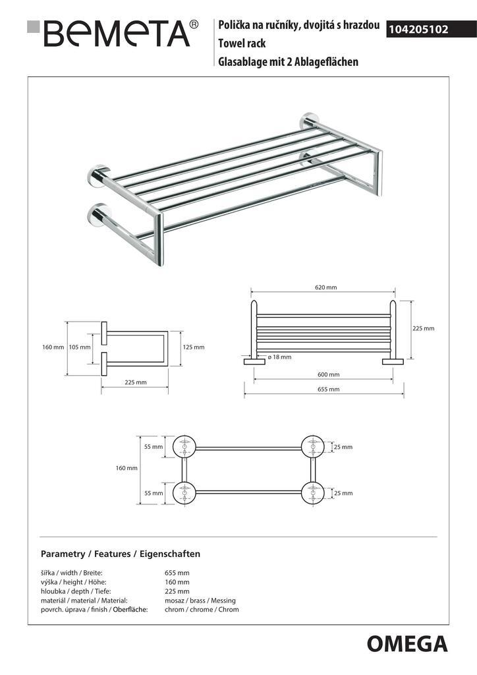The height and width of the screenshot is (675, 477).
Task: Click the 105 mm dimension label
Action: [79, 347]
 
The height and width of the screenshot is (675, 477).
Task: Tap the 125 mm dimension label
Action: [194, 347]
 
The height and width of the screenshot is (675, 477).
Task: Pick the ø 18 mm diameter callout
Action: [279, 357]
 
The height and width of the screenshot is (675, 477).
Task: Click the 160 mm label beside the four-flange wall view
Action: [126, 468]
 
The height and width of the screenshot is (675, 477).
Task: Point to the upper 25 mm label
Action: [343, 447]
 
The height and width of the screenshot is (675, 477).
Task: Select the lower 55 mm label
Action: [153, 493]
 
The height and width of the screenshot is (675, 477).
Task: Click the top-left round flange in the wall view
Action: [184, 448]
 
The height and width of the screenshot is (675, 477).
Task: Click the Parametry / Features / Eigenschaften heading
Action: [120, 554]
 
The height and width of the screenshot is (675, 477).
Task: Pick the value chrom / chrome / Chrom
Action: [202, 610]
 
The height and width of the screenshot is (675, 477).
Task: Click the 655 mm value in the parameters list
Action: [177, 573]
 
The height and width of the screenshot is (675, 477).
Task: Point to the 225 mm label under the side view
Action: [135, 382]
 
